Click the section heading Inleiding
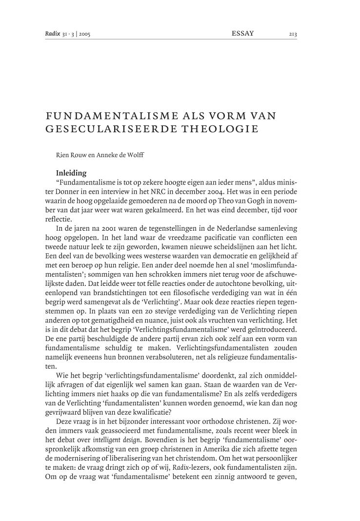pyautogui.click(x=71, y=172)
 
